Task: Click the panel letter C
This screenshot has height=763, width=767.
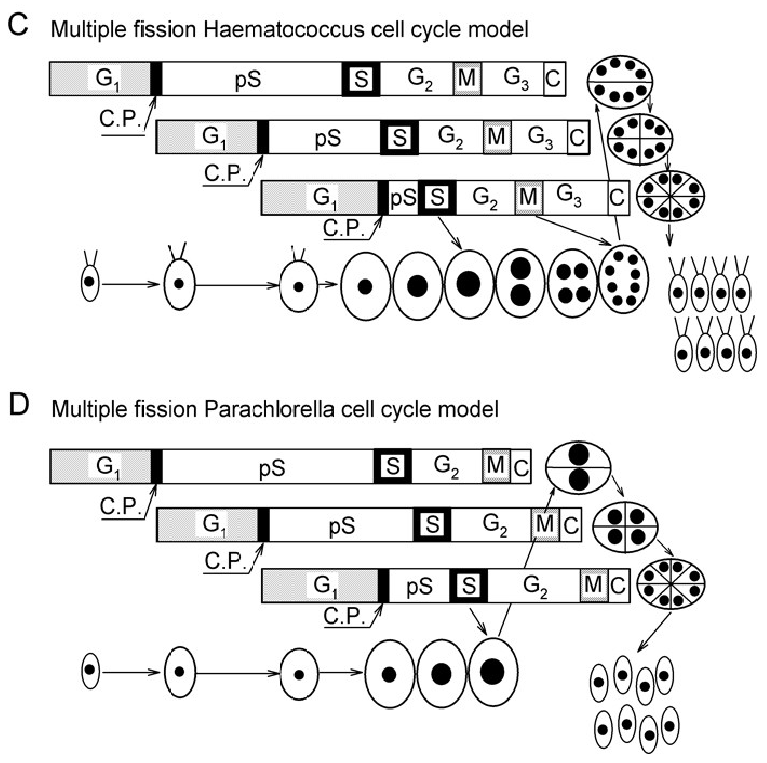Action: tap(18, 26)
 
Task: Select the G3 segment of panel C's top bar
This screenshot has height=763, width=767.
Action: tap(515, 79)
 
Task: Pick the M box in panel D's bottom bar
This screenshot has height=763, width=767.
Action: tap(593, 585)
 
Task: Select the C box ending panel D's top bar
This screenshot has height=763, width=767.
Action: tap(520, 467)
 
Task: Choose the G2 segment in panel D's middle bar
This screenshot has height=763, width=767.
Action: tap(494, 525)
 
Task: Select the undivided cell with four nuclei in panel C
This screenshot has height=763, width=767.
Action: tap(572, 283)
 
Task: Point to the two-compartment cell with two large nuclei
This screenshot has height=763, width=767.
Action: tap(578, 468)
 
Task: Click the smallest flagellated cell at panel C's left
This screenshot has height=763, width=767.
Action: tap(90, 282)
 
